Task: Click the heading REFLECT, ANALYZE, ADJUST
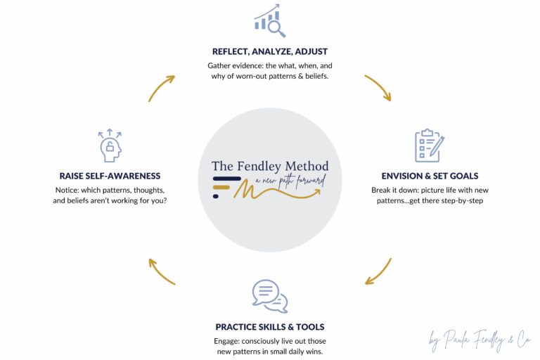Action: tap(270, 51)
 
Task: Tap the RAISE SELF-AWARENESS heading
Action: tap(110, 176)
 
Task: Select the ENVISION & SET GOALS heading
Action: tap(430, 176)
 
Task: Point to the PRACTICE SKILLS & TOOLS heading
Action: tap(270, 327)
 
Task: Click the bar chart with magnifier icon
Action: tap(270, 20)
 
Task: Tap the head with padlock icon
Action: tap(110, 146)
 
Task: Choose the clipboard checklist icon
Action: tap(430, 146)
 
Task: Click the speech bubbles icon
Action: tap(270, 296)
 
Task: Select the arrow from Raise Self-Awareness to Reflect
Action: tap(160, 87)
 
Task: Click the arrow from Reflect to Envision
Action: tap(379, 86)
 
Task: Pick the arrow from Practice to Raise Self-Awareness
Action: tap(160, 271)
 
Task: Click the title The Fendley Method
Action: tap(270, 167)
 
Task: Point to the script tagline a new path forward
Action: tap(290, 181)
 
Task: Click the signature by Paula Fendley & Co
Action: tap(480, 340)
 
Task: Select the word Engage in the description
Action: tap(226, 341)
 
